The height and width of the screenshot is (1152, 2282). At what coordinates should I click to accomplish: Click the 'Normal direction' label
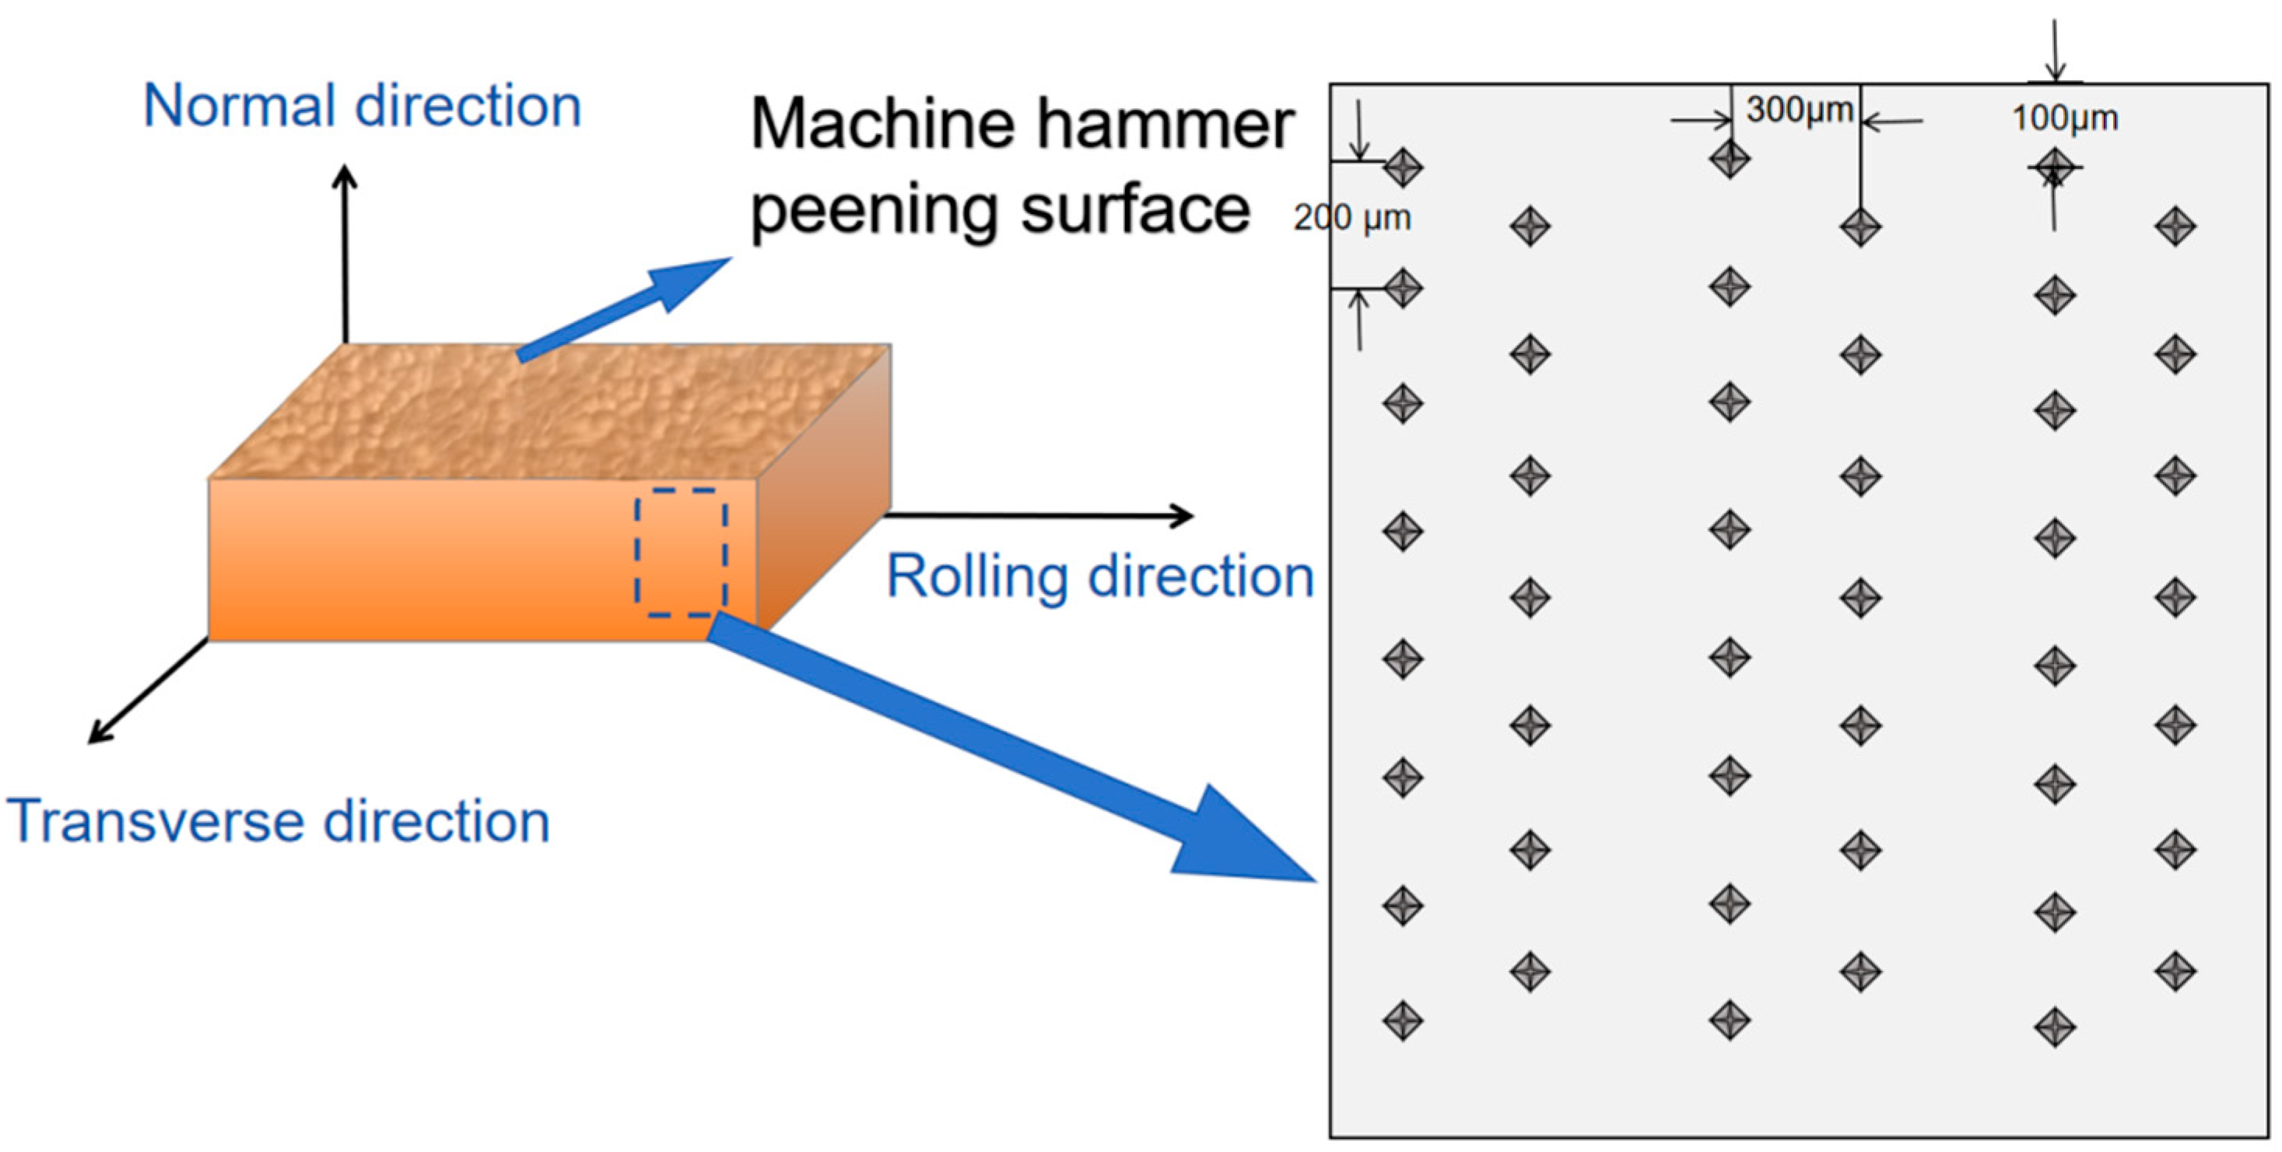(x=362, y=107)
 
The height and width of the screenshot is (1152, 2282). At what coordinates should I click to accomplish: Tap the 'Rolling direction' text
(x=1099, y=577)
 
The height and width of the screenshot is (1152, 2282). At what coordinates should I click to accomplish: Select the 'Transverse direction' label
(x=279, y=821)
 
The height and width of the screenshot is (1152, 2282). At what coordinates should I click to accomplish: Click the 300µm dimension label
(x=1799, y=110)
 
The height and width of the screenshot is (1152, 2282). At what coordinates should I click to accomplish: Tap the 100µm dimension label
(x=2064, y=118)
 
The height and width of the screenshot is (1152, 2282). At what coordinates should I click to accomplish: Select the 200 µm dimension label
(x=1351, y=218)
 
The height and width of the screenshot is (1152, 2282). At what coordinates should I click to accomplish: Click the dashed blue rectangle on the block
(x=680, y=552)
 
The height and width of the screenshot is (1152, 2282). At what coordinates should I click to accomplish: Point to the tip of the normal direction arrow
(x=345, y=171)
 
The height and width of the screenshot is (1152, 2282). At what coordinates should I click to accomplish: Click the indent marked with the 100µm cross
(x=2054, y=167)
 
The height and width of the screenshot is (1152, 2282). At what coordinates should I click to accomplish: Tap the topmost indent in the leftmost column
(x=1402, y=167)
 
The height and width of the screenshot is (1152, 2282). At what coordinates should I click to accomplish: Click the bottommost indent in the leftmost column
(x=1402, y=1022)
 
